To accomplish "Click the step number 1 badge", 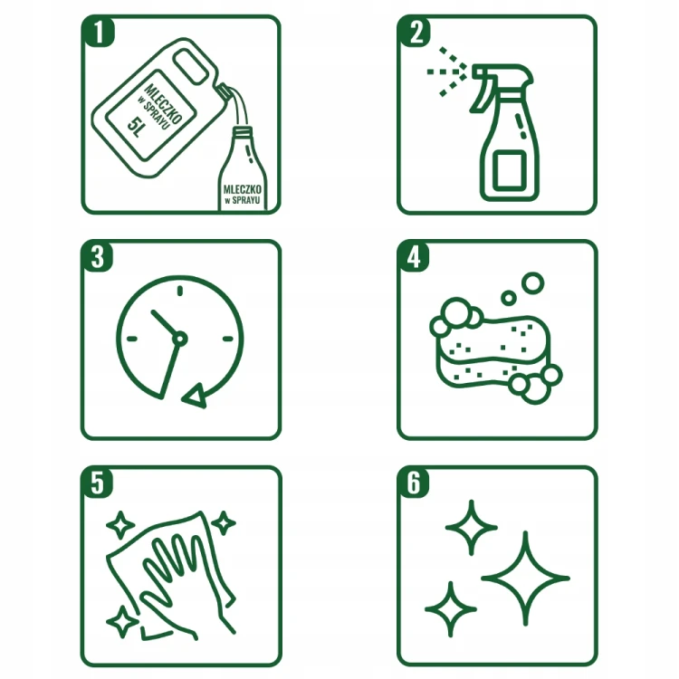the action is (99, 31).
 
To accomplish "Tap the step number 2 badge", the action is (415, 31).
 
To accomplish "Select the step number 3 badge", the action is (98, 256).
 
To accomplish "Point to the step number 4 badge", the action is (414, 256).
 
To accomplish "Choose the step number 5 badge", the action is (98, 483).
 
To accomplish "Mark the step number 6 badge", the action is (414, 483).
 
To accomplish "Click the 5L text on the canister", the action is (135, 128).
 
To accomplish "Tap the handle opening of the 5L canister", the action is (190, 66).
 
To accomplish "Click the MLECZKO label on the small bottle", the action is (242, 189).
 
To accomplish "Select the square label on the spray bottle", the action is (510, 170).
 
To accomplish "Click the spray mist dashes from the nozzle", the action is (447, 72).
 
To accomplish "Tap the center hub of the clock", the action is (180, 339).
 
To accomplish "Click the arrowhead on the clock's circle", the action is (194, 396).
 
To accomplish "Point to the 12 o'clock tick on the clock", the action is (180, 291).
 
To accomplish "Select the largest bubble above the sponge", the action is (532, 283).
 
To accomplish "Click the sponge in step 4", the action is (493, 349).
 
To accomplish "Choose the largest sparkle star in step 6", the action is (525, 579).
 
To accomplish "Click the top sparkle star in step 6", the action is (471, 528).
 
